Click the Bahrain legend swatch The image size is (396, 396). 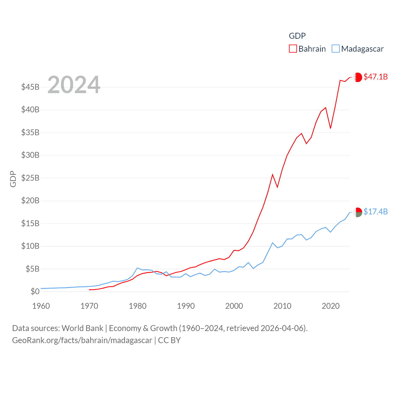293,49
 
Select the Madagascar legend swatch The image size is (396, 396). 335,49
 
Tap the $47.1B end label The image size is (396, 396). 376,77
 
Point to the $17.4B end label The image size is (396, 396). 376,212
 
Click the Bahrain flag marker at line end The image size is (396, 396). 358,77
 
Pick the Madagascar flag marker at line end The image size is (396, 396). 358,212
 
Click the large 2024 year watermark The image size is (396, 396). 74,84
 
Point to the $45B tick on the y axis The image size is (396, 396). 30,87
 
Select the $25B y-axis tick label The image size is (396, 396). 30,178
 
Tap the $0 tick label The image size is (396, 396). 35,291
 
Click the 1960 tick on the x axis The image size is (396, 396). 41,306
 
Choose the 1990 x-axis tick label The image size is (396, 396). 186,306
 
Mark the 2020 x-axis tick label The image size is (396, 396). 331,306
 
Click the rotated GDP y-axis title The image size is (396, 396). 13,179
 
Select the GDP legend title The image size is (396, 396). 297,36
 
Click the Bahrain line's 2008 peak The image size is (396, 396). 273,175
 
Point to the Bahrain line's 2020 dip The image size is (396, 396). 330,128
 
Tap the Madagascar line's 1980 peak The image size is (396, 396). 137,268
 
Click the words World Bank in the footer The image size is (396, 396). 83,328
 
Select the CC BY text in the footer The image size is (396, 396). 169,340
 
